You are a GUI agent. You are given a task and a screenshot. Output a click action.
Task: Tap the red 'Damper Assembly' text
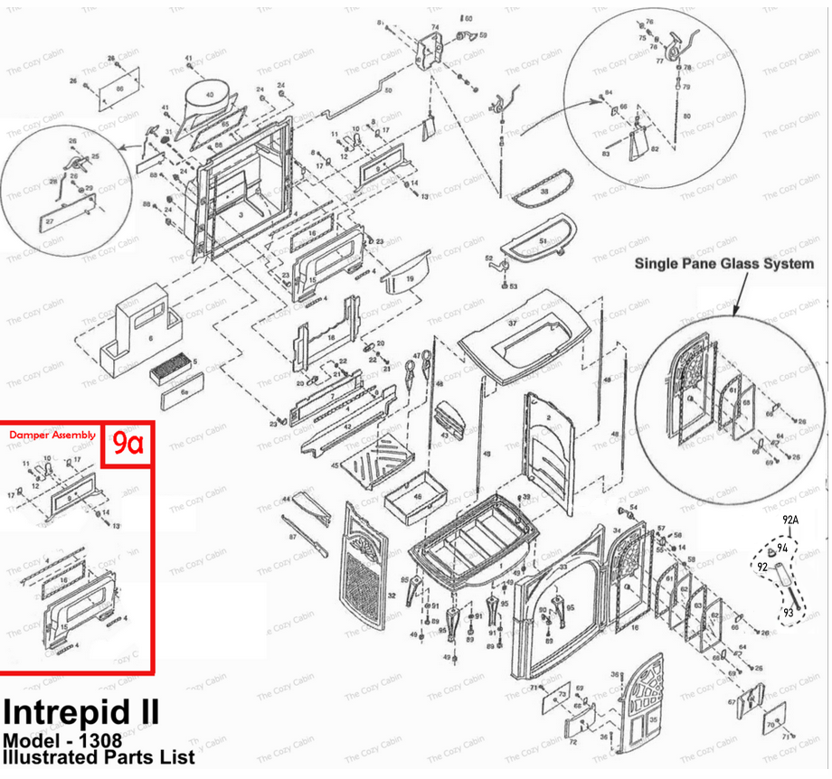point(52,436)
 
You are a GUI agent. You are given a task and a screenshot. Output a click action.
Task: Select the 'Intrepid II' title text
point(81,712)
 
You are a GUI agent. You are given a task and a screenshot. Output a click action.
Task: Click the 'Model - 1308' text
point(60,739)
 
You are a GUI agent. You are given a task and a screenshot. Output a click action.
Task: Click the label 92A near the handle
point(791,521)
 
